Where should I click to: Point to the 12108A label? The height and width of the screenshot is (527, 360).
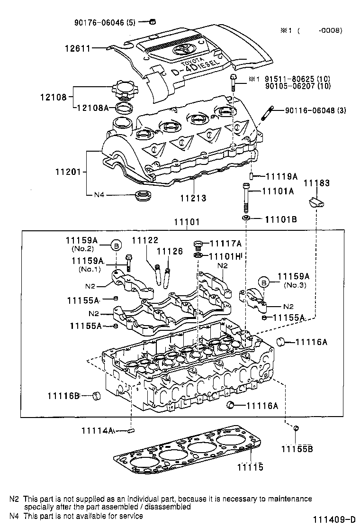tap(93, 108)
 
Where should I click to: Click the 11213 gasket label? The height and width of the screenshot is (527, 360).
tap(193, 198)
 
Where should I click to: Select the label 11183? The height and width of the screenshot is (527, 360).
tap(316, 183)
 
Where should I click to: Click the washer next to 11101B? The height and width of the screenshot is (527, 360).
tap(246, 218)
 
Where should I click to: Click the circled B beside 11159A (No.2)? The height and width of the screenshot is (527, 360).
tap(117, 245)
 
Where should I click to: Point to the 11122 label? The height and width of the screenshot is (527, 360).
tap(145, 240)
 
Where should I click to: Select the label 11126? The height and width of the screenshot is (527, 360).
tap(169, 251)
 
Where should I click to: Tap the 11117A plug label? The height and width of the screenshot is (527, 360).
tap(225, 244)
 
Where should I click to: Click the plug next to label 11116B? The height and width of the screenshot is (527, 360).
tap(98, 395)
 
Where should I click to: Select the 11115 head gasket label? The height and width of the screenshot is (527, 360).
tap(250, 467)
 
